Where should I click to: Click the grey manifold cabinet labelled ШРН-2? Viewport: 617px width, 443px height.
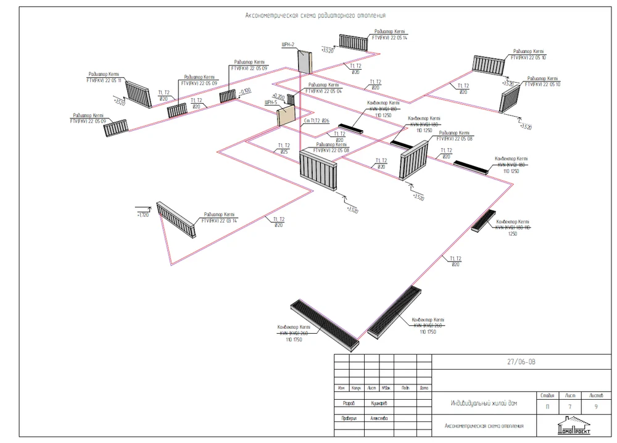point(305,62)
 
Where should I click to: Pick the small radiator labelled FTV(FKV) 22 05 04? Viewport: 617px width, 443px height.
point(291,99)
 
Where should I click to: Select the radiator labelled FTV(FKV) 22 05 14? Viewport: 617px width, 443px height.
point(353,42)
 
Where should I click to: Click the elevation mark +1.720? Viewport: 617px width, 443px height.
point(143,215)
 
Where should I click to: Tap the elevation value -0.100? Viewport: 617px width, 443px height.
point(245,93)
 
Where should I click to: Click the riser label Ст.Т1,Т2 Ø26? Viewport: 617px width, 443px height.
point(317,121)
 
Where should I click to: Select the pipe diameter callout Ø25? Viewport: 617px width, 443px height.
point(284,151)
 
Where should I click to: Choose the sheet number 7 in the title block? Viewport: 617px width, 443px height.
point(570,407)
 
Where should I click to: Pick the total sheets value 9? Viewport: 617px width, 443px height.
point(596,407)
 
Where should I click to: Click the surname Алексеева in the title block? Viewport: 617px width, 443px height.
point(379,418)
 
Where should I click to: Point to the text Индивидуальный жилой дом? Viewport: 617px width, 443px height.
point(484,404)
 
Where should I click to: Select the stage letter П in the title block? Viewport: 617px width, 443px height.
point(547,407)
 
